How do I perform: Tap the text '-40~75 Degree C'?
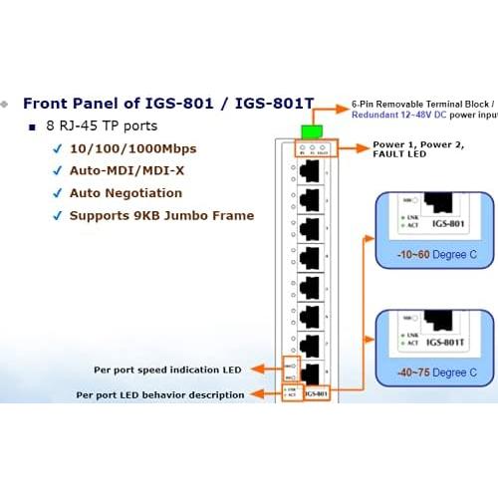coord(434,372)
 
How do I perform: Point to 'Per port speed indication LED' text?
coord(168,370)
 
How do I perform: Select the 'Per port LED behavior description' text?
coord(160,394)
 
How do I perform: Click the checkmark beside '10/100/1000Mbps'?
coord(58,149)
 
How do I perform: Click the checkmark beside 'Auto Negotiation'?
coord(58,193)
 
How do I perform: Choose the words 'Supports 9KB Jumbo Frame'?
coord(161,215)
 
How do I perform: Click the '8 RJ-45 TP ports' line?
coord(103,126)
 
